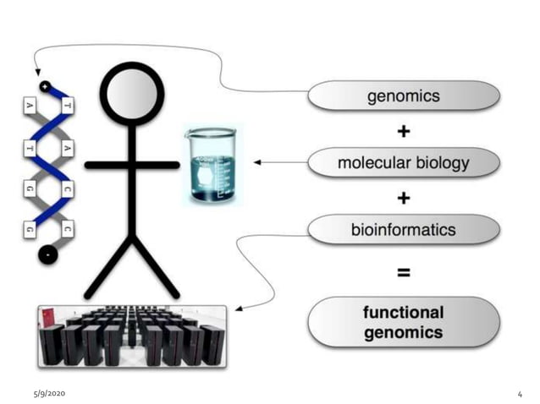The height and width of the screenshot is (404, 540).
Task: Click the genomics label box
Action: click(x=403, y=96)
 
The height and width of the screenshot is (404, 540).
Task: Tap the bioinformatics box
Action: click(x=403, y=229)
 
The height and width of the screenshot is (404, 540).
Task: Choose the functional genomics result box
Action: click(x=403, y=322)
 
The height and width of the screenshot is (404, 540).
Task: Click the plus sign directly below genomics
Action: click(x=404, y=131)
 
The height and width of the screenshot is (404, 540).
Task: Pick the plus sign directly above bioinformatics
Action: click(x=404, y=198)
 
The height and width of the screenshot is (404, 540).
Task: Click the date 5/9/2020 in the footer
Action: click(x=49, y=394)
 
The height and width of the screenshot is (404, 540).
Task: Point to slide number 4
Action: click(x=519, y=395)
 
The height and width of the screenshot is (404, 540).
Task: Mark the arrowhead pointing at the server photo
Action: click(x=240, y=308)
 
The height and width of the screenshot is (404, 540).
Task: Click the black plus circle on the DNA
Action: click(x=45, y=86)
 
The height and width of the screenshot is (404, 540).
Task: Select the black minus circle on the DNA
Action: click(x=45, y=254)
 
